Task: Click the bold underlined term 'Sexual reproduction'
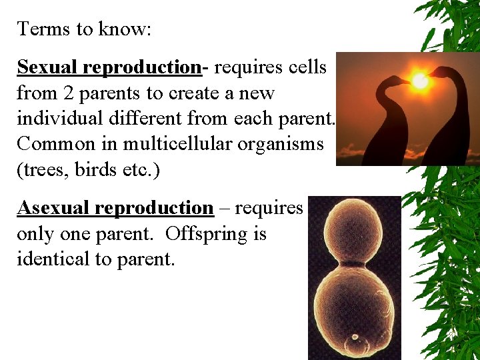pos(109,67)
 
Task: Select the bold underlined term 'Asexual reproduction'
pos(115,208)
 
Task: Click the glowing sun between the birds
pos(420,81)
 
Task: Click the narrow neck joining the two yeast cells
pos(355,265)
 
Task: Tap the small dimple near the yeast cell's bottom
pos(355,337)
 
